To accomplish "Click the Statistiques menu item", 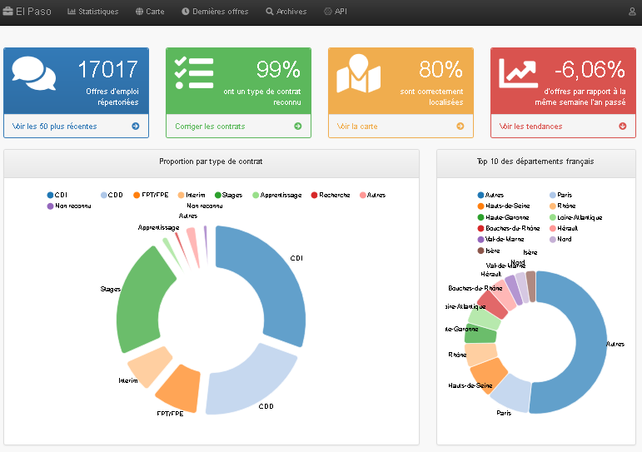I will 92,12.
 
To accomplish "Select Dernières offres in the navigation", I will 215,12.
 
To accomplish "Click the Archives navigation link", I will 286,12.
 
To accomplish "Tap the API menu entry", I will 336,12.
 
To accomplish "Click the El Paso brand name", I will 27,12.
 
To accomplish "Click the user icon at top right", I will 632,12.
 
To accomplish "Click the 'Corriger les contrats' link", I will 210,127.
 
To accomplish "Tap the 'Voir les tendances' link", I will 530,127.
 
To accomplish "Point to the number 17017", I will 107,69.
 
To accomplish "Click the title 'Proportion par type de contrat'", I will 211,161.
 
